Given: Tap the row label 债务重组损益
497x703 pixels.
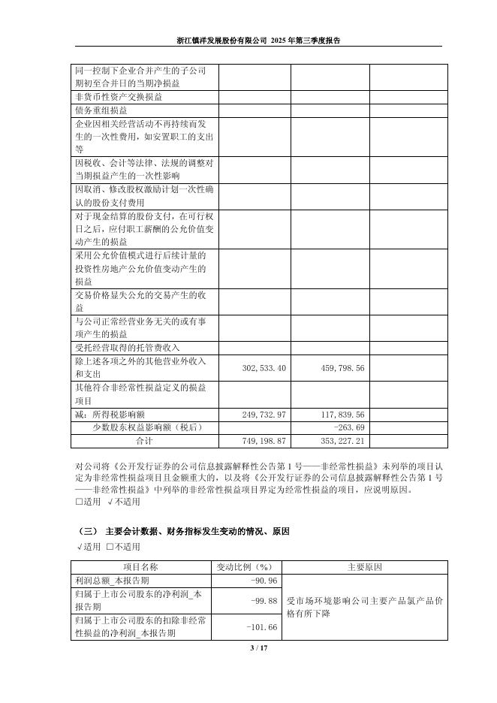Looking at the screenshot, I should [x=101, y=110].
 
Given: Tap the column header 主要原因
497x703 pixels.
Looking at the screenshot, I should [x=366, y=566].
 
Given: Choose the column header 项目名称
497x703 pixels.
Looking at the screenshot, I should [x=143, y=566].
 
